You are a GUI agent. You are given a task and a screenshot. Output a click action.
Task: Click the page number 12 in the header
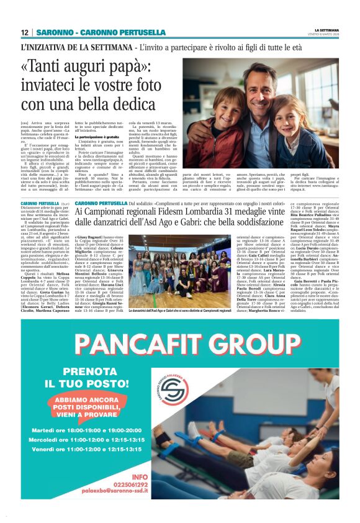[25, 32]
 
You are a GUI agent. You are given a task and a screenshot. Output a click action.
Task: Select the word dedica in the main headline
[142, 104]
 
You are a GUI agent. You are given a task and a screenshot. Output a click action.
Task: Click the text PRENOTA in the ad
[78, 371]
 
